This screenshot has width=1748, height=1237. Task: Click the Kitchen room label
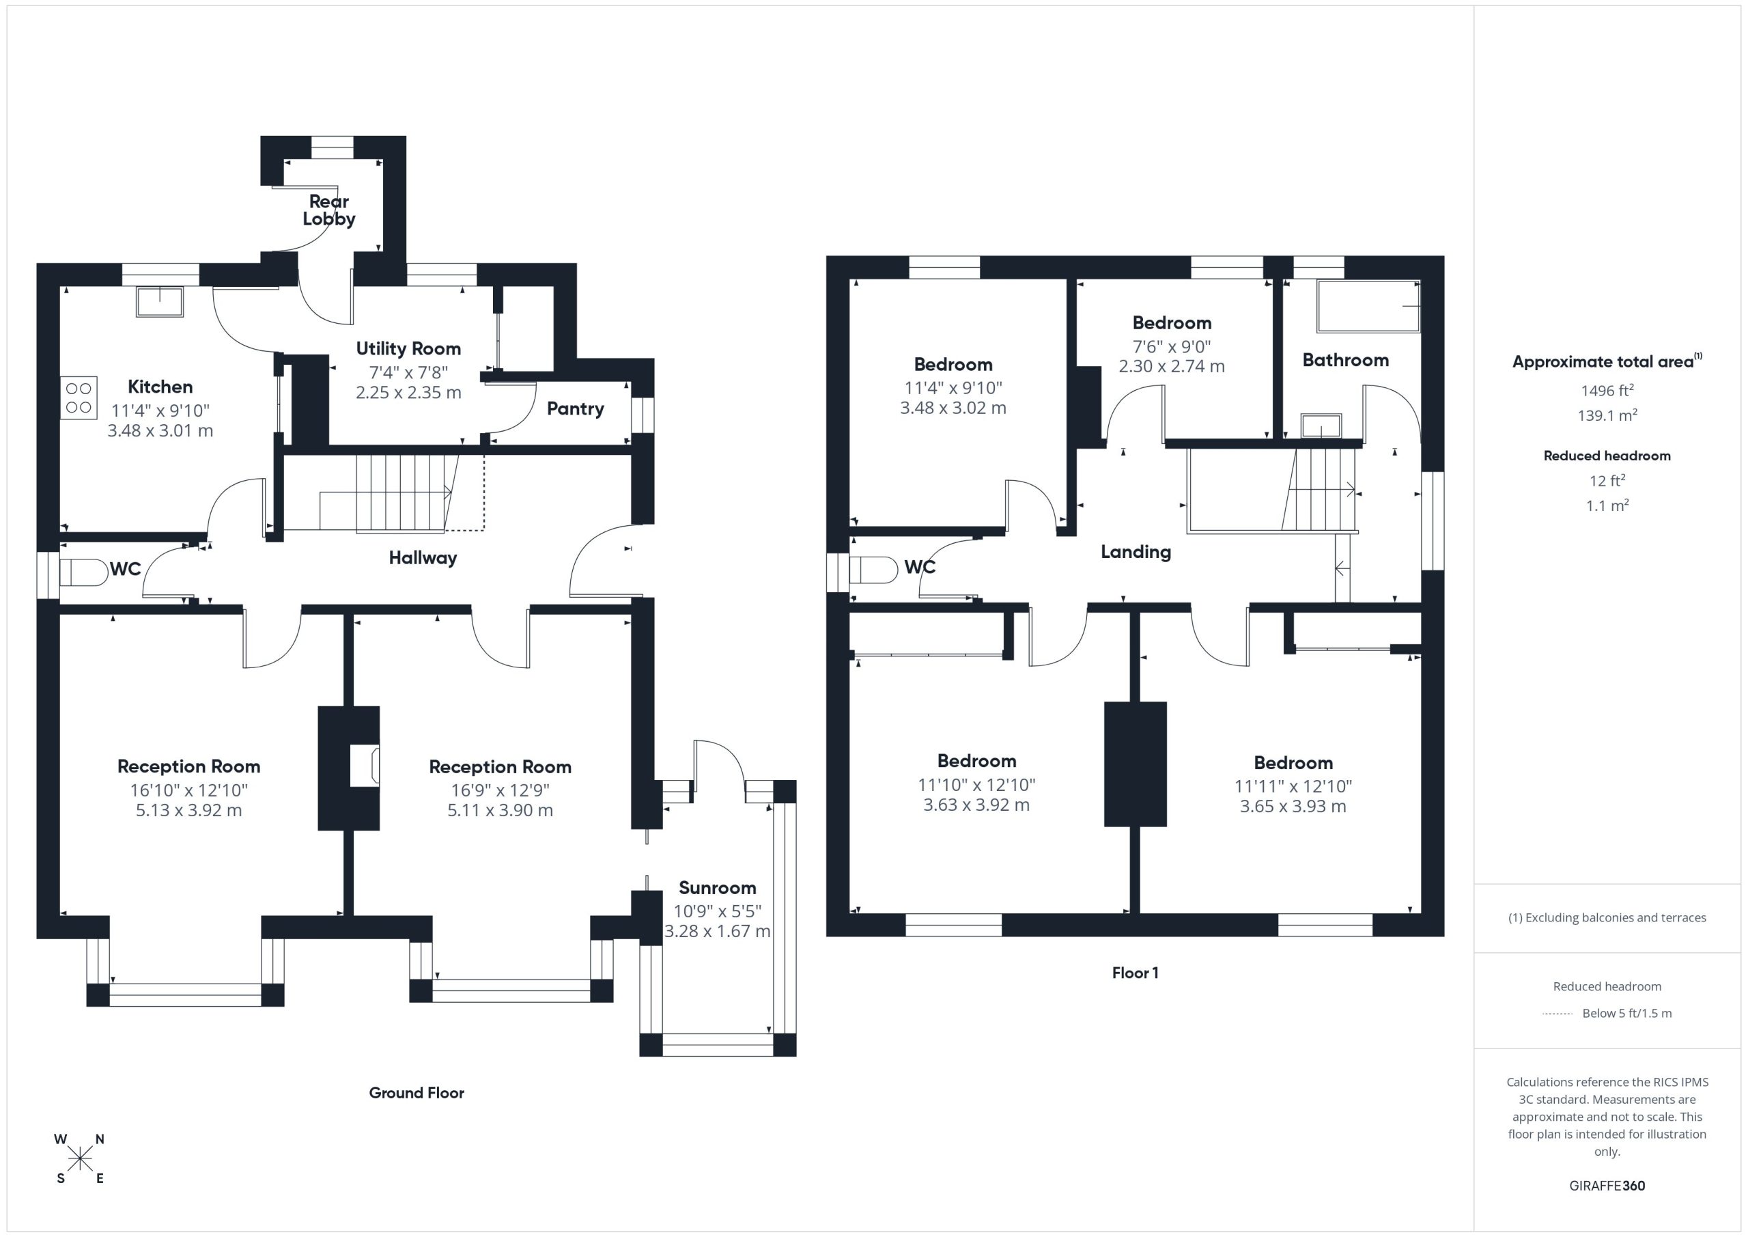(160, 387)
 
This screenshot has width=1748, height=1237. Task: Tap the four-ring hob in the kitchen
(79, 398)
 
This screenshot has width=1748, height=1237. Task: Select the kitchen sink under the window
(160, 302)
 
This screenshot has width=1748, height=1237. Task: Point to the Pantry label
(576, 409)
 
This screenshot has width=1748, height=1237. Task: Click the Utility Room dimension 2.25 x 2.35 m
(409, 393)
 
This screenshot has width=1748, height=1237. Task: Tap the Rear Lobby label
(329, 210)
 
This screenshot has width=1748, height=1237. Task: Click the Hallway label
(423, 558)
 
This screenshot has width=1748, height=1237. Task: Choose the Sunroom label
(717, 888)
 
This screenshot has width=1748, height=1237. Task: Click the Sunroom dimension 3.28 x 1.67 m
(718, 932)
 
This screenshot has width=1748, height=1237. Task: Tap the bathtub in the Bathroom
(1369, 306)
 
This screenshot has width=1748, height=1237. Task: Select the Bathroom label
(1345, 360)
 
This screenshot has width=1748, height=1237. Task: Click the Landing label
(1136, 552)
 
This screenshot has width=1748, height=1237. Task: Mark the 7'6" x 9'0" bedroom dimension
(1172, 346)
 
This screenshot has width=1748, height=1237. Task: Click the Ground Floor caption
(417, 1093)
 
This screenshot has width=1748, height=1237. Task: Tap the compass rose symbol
(79, 1159)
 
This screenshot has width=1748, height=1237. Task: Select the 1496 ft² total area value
(1607, 391)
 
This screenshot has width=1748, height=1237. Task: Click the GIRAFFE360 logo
(1607, 1186)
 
